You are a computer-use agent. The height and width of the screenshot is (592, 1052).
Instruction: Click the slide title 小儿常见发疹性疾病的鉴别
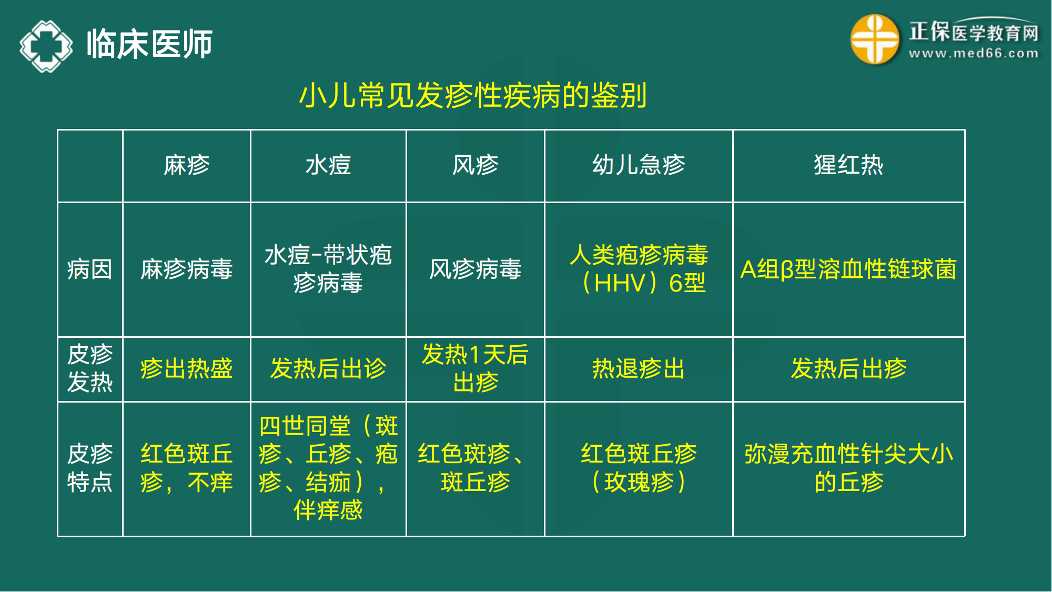pyautogui.click(x=473, y=95)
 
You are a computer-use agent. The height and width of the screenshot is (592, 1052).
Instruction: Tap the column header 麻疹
pyautogui.click(x=186, y=165)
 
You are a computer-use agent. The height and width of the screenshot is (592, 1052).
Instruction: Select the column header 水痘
pyautogui.click(x=328, y=165)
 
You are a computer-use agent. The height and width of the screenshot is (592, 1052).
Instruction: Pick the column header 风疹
pyautogui.click(x=475, y=165)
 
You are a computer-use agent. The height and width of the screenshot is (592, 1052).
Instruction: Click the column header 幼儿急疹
pyautogui.click(x=639, y=165)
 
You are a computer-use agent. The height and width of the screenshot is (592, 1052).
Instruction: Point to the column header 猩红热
pyautogui.click(x=848, y=165)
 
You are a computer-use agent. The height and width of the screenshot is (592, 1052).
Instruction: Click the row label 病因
pyautogui.click(x=90, y=269)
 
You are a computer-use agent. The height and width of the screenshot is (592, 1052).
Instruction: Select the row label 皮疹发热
pyautogui.click(x=90, y=368)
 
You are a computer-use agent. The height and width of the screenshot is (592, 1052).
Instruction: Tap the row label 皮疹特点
pyautogui.click(x=90, y=468)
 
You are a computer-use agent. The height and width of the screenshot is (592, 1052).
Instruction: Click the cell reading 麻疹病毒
pyautogui.click(x=186, y=269)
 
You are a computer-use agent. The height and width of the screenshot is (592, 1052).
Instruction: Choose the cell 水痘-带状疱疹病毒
pyautogui.click(x=328, y=269)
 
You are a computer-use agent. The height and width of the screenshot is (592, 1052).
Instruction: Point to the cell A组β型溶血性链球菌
pyautogui.click(x=848, y=269)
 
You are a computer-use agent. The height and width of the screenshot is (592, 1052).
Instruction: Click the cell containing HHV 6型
pyautogui.click(x=639, y=269)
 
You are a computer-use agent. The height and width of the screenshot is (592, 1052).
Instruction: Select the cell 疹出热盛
pyautogui.click(x=186, y=368)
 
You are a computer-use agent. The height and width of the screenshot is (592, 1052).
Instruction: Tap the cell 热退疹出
pyautogui.click(x=639, y=368)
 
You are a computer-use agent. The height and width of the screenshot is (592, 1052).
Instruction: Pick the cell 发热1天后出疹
pyautogui.click(x=475, y=368)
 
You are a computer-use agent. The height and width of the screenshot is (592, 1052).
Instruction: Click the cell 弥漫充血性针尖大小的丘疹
pyautogui.click(x=848, y=468)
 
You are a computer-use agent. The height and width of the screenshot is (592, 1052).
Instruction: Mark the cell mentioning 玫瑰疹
pyautogui.click(x=639, y=468)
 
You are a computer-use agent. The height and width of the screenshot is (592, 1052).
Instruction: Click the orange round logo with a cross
pyautogui.click(x=874, y=39)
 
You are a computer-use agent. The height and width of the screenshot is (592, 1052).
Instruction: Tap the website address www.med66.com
pyautogui.click(x=974, y=53)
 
